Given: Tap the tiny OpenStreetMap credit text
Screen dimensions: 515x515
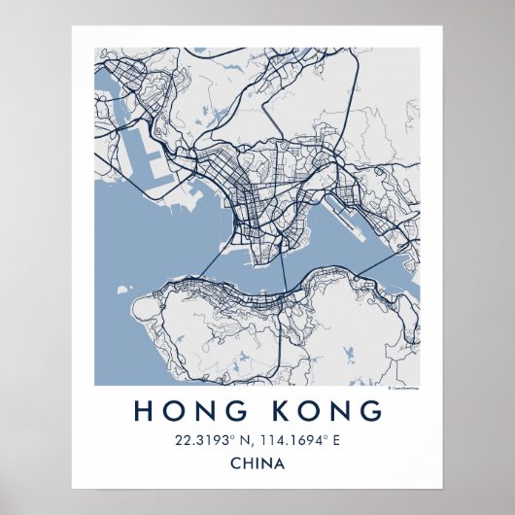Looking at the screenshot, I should [x=402, y=388].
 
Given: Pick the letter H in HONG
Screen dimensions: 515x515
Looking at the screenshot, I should [x=142, y=411].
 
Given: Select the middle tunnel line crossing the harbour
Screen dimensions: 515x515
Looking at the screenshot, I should [x=282, y=272].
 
